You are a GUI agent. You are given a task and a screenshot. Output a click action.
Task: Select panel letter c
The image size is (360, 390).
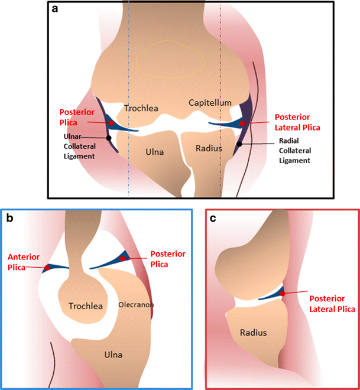[215, 218]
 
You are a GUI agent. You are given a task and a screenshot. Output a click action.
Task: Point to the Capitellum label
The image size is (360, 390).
[210, 103]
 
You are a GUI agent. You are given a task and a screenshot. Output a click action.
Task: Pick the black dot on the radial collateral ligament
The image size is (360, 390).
[239, 144]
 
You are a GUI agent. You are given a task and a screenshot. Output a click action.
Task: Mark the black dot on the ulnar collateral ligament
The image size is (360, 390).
[109, 138]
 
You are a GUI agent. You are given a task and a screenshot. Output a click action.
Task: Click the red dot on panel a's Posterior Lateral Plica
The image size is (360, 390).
[242, 123]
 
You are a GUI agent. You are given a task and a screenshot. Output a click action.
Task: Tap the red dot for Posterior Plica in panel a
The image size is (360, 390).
[111, 122]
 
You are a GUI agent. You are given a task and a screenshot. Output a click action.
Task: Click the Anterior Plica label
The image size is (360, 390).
[22, 262]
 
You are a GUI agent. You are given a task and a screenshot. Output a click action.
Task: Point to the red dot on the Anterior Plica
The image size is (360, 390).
[47, 268]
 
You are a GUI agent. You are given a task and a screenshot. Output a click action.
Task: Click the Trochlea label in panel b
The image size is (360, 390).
[86, 306]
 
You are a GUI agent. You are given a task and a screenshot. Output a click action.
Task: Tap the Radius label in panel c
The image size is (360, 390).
[253, 333]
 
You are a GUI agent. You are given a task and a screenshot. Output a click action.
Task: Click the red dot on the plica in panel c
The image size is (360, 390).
[283, 293]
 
